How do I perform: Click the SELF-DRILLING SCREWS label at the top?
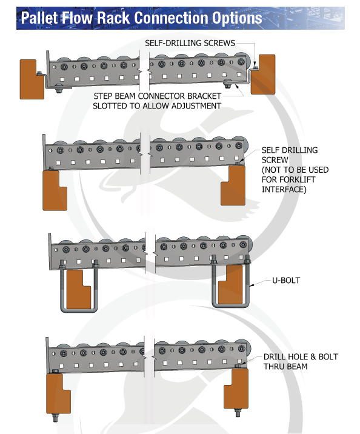(x=190, y=43)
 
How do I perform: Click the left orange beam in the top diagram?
(x=31, y=79)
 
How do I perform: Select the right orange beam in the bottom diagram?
(x=235, y=389)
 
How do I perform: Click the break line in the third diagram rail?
(x=150, y=255)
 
